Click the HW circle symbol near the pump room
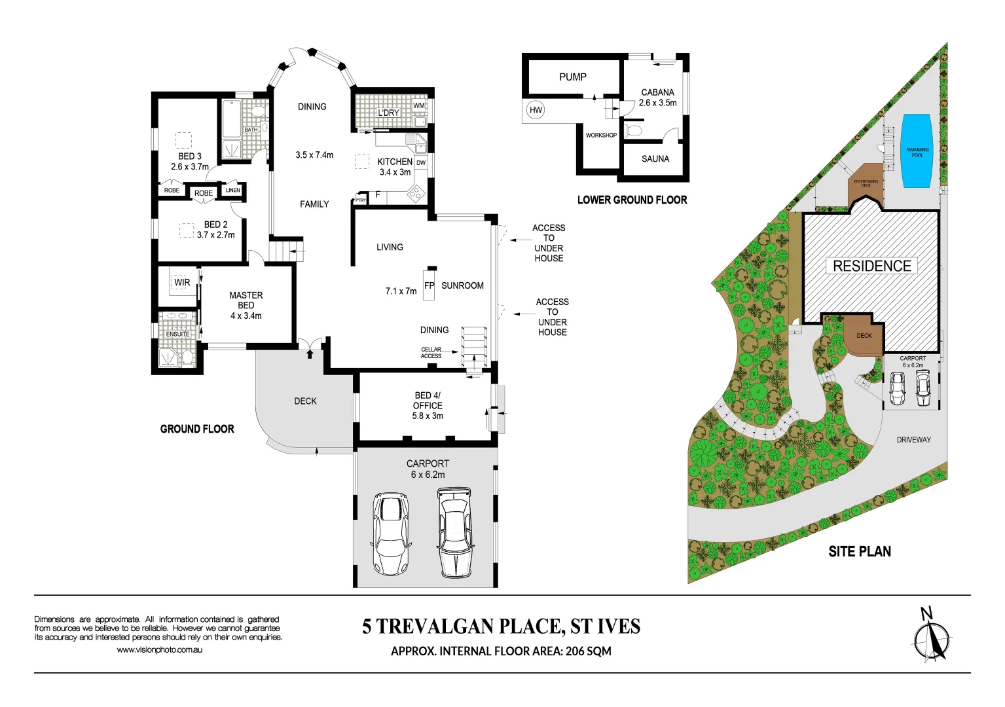[x=536, y=110]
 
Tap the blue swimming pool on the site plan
[x=917, y=152]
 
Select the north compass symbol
[x=931, y=638]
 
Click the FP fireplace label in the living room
[x=429, y=285]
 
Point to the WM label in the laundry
[x=418, y=105]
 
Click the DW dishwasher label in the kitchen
[x=421, y=162]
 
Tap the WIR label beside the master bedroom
[x=182, y=283]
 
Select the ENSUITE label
[x=177, y=334]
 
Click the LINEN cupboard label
[x=232, y=190]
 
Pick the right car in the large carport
[x=455, y=532]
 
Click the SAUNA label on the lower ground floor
[x=655, y=159]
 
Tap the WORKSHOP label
[x=601, y=136]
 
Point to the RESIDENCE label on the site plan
[x=871, y=266]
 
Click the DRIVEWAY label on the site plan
[x=913, y=440]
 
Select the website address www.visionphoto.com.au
[x=160, y=650]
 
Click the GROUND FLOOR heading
[x=197, y=429]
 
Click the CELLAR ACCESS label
[x=431, y=353]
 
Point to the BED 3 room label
[x=190, y=156]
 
